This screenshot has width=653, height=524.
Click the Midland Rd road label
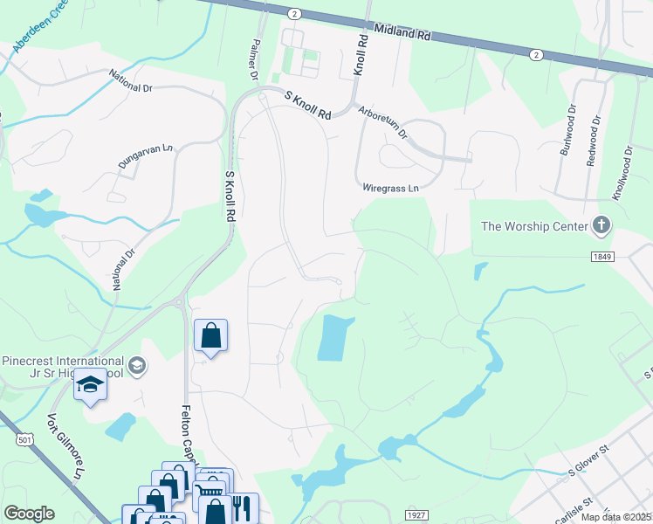pos(402,32)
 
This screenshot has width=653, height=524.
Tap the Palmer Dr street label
pos(255,59)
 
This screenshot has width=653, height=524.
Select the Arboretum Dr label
pos(383,123)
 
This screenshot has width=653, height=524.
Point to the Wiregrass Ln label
pos(390,188)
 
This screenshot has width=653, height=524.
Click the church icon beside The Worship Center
pos(601,227)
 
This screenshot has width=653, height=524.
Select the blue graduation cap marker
pos(90,384)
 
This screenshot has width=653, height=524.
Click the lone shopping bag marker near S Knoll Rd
pos(210,334)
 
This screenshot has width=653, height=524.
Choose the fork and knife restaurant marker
pos(243,507)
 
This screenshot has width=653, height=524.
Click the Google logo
pos(29,514)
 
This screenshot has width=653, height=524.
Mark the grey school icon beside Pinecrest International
pos(135,364)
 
